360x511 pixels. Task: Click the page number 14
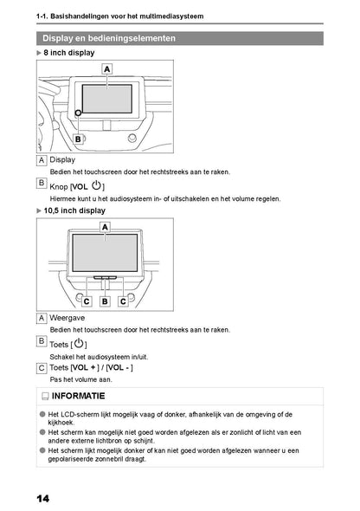[43, 499]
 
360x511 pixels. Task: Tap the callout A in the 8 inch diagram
[106, 69]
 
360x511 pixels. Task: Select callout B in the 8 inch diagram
[78, 139]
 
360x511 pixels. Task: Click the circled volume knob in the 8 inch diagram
[78, 113]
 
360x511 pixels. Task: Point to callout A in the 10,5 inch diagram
[105, 227]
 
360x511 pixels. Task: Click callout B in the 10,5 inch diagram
[105, 301]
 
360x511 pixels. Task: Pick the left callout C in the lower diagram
[87, 301]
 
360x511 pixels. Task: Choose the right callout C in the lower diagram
[123, 301]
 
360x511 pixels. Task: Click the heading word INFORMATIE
[79, 396]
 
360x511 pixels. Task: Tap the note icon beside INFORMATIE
[45, 397]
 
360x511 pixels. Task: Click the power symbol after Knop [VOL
[96, 185]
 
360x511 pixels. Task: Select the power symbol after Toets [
[79, 343]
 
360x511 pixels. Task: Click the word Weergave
[67, 318]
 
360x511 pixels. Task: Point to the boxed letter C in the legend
[42, 368]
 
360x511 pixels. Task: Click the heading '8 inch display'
[69, 53]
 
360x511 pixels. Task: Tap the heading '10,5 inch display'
[74, 210]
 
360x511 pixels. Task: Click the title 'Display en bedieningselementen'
[109, 38]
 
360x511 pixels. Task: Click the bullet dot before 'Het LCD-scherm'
[42, 414]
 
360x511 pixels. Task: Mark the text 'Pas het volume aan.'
[80, 379]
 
